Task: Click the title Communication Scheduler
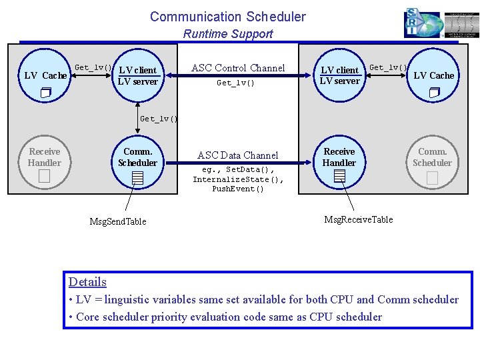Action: tap(227, 17)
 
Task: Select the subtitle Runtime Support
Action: tap(227, 34)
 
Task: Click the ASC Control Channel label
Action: tap(238, 68)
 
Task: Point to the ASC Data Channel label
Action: tap(237, 155)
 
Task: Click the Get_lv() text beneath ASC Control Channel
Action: tap(235, 83)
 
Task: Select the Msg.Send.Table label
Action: tap(118, 221)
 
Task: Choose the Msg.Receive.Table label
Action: tap(358, 219)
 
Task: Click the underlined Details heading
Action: tap(87, 281)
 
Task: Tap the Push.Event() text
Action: tap(238, 189)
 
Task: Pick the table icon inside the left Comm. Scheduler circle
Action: tap(137, 177)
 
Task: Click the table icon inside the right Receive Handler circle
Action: tap(339, 176)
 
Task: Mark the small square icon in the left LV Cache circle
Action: tap(45, 93)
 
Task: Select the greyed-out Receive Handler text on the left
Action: tap(45, 157)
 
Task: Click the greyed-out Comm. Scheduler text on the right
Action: tap(432, 157)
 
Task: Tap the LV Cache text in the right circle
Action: tap(433, 75)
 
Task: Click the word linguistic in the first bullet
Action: tap(127, 299)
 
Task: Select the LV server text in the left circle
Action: tap(137, 81)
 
